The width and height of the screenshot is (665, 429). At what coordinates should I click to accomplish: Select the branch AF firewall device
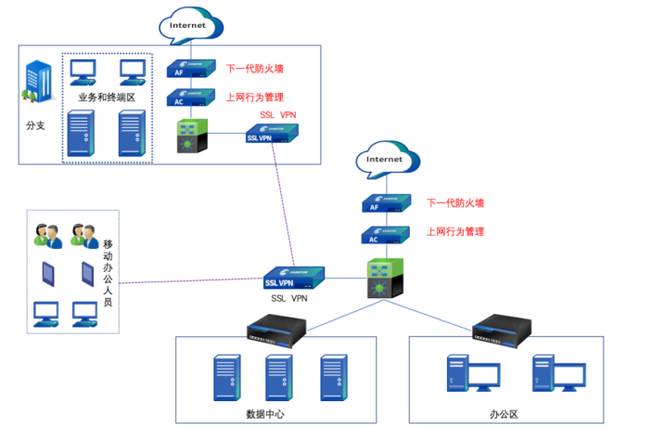188,71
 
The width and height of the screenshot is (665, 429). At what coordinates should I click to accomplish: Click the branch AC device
188,98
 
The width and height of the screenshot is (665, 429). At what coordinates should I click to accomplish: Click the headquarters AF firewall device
385,204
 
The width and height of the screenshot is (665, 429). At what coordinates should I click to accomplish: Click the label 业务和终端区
108,97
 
